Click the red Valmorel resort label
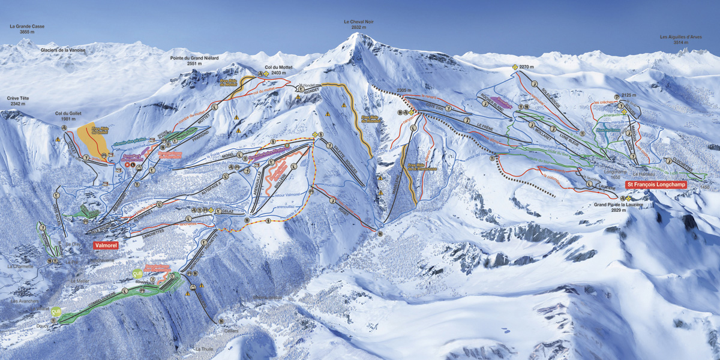point(106,245)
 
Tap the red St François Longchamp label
point(656,185)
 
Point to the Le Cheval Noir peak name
point(359,22)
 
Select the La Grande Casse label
point(27,26)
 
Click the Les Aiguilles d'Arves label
point(681,37)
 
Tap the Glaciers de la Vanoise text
point(63,50)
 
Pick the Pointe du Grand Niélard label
point(194,58)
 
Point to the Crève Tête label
point(18,98)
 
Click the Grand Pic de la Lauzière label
point(619,205)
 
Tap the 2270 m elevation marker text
point(526,67)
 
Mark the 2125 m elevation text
point(628,95)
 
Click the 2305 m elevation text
point(406,91)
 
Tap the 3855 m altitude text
point(27,32)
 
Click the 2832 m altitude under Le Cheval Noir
point(359,28)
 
